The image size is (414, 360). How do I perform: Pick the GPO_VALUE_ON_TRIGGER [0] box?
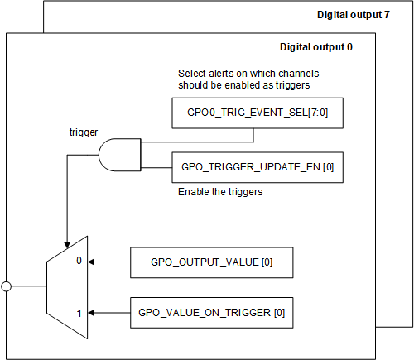pos(212,313)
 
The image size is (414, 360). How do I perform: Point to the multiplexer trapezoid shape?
pos(66,286)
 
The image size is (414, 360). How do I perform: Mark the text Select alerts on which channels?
pos(248,74)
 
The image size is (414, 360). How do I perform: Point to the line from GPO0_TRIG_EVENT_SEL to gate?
pos(157,142)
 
